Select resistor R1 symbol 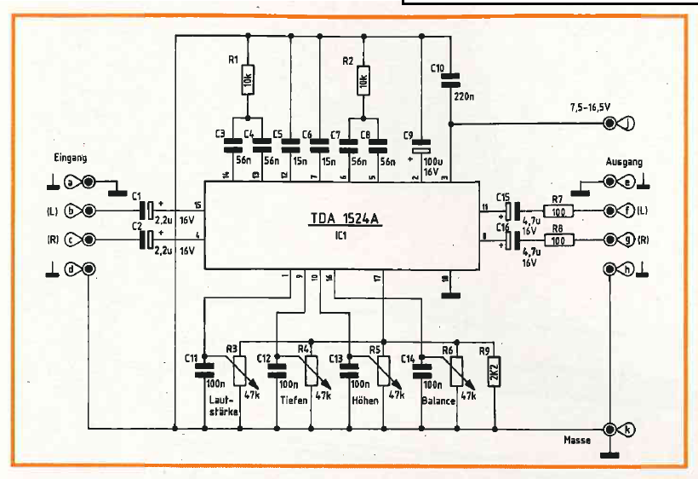248,81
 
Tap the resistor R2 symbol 363,81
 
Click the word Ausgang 625,161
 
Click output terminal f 609,210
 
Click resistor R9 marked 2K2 495,372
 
